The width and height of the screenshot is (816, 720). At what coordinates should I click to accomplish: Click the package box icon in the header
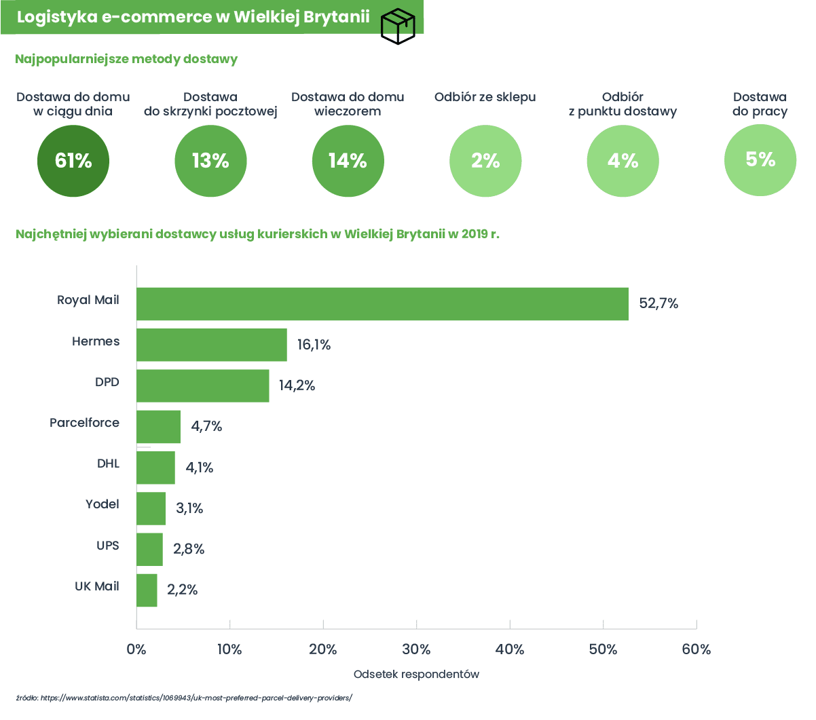398,26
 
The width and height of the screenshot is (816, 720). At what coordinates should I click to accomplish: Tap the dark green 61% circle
73,161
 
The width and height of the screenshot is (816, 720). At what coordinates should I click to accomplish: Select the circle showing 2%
485,161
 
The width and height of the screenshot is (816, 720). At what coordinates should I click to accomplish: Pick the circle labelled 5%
760,160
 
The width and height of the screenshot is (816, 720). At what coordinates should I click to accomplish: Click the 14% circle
348,161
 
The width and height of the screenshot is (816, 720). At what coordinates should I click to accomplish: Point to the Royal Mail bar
383,304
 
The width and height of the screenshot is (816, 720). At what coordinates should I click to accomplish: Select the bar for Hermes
212,345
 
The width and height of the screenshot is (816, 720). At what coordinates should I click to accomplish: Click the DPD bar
203,385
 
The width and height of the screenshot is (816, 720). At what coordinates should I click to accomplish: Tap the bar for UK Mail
147,590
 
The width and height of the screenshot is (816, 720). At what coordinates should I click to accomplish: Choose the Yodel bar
151,508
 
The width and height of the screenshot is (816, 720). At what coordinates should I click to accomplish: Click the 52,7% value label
659,303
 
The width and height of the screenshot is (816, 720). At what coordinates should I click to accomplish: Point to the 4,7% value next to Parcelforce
206,426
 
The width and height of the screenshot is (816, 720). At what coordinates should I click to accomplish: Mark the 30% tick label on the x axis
416,649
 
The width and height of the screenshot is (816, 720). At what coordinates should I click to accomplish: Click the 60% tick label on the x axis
697,649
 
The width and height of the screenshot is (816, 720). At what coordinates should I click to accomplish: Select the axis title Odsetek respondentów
416,674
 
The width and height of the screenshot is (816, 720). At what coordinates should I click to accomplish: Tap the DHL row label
109,463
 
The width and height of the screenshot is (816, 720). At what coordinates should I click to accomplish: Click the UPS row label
108,546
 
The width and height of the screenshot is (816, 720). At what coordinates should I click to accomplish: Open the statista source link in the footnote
197,698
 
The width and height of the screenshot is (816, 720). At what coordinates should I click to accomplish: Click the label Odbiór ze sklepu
485,98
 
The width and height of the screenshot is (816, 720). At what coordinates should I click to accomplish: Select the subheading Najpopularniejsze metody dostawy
126,59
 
